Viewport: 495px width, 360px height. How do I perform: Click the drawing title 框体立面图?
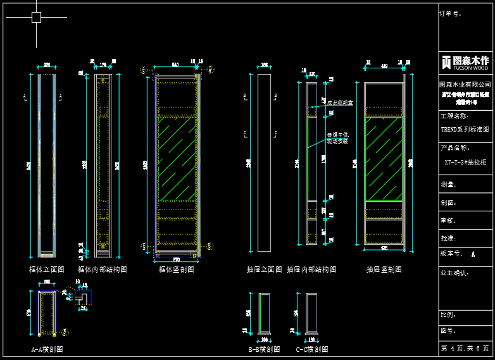tap(47, 270)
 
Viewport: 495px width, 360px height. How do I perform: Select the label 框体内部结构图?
tap(102, 270)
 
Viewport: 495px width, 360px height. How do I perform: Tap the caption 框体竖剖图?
tap(176, 270)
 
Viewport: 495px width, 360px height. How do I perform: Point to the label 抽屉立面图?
tap(263, 270)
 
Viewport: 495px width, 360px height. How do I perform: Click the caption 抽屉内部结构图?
tap(311, 270)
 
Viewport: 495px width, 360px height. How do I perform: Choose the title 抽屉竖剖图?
tap(384, 270)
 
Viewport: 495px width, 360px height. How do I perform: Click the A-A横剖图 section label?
tap(47, 349)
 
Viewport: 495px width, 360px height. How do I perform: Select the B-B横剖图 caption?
tap(264, 349)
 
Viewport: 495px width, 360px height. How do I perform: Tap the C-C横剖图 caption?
tap(312, 349)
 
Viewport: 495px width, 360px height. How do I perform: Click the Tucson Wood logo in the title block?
tap(465, 62)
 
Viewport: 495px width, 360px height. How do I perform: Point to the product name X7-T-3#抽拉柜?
tap(465, 162)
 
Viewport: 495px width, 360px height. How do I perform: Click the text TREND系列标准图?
tap(465, 130)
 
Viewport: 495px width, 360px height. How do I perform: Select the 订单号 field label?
tap(450, 13)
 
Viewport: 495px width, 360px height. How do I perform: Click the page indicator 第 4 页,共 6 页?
tap(465, 349)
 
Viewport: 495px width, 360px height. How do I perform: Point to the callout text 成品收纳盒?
tap(340, 102)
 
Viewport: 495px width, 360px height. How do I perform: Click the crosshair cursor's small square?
tap(37, 17)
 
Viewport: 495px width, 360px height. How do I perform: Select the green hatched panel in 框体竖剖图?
tap(177, 158)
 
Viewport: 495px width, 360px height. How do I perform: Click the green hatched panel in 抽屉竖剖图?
tap(384, 158)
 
